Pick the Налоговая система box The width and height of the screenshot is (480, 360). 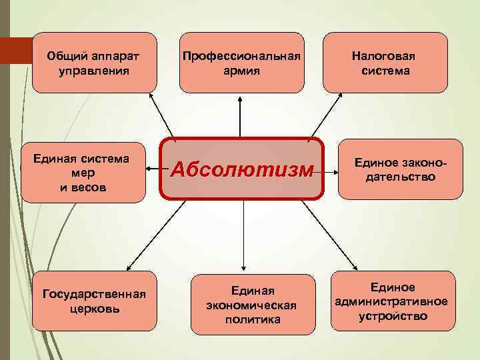(385, 62)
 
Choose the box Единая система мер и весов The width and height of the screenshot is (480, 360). (83, 172)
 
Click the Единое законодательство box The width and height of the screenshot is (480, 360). (400, 169)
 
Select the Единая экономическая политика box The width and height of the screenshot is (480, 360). (253, 303)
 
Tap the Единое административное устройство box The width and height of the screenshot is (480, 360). (393, 301)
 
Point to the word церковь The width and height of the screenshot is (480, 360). (95, 309)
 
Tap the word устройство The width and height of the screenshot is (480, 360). (393, 315)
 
